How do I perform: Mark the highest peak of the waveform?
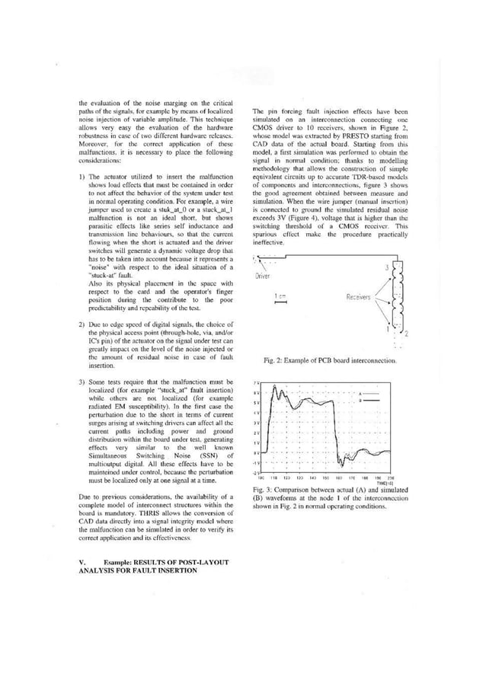280,389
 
